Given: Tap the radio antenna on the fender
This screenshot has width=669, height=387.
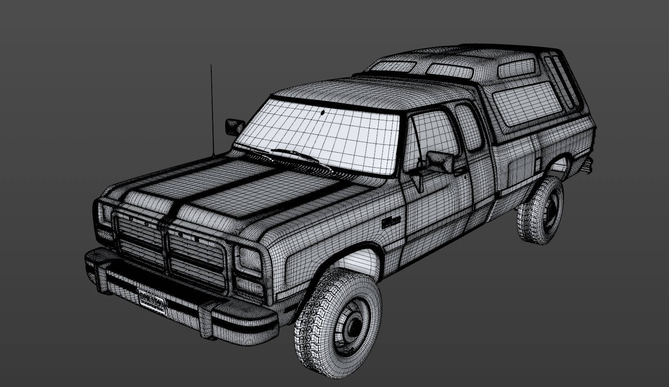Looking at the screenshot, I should click(x=212, y=110).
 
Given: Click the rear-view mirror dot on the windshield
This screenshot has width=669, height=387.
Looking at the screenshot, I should click(x=323, y=111).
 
